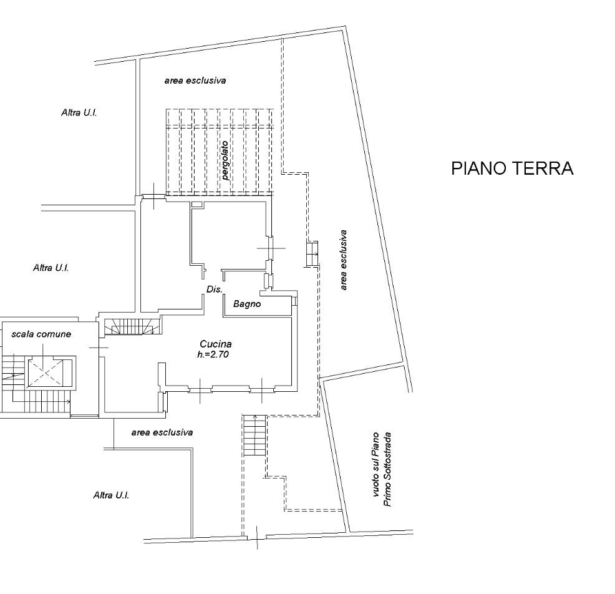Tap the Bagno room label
coord(247,304)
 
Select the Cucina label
coord(216,344)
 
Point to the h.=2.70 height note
coord(213,354)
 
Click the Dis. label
coord(215,290)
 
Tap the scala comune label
coord(41,334)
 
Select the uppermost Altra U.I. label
coord(79,112)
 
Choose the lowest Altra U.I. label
coord(111,495)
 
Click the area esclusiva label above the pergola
coord(195,80)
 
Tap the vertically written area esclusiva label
coord(344,260)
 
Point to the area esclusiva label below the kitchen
coord(162,432)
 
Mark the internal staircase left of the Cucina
coord(133,326)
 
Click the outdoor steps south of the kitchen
coord(254,435)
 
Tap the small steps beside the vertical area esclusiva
coord(312,254)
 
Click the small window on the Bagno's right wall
coord(294,301)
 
